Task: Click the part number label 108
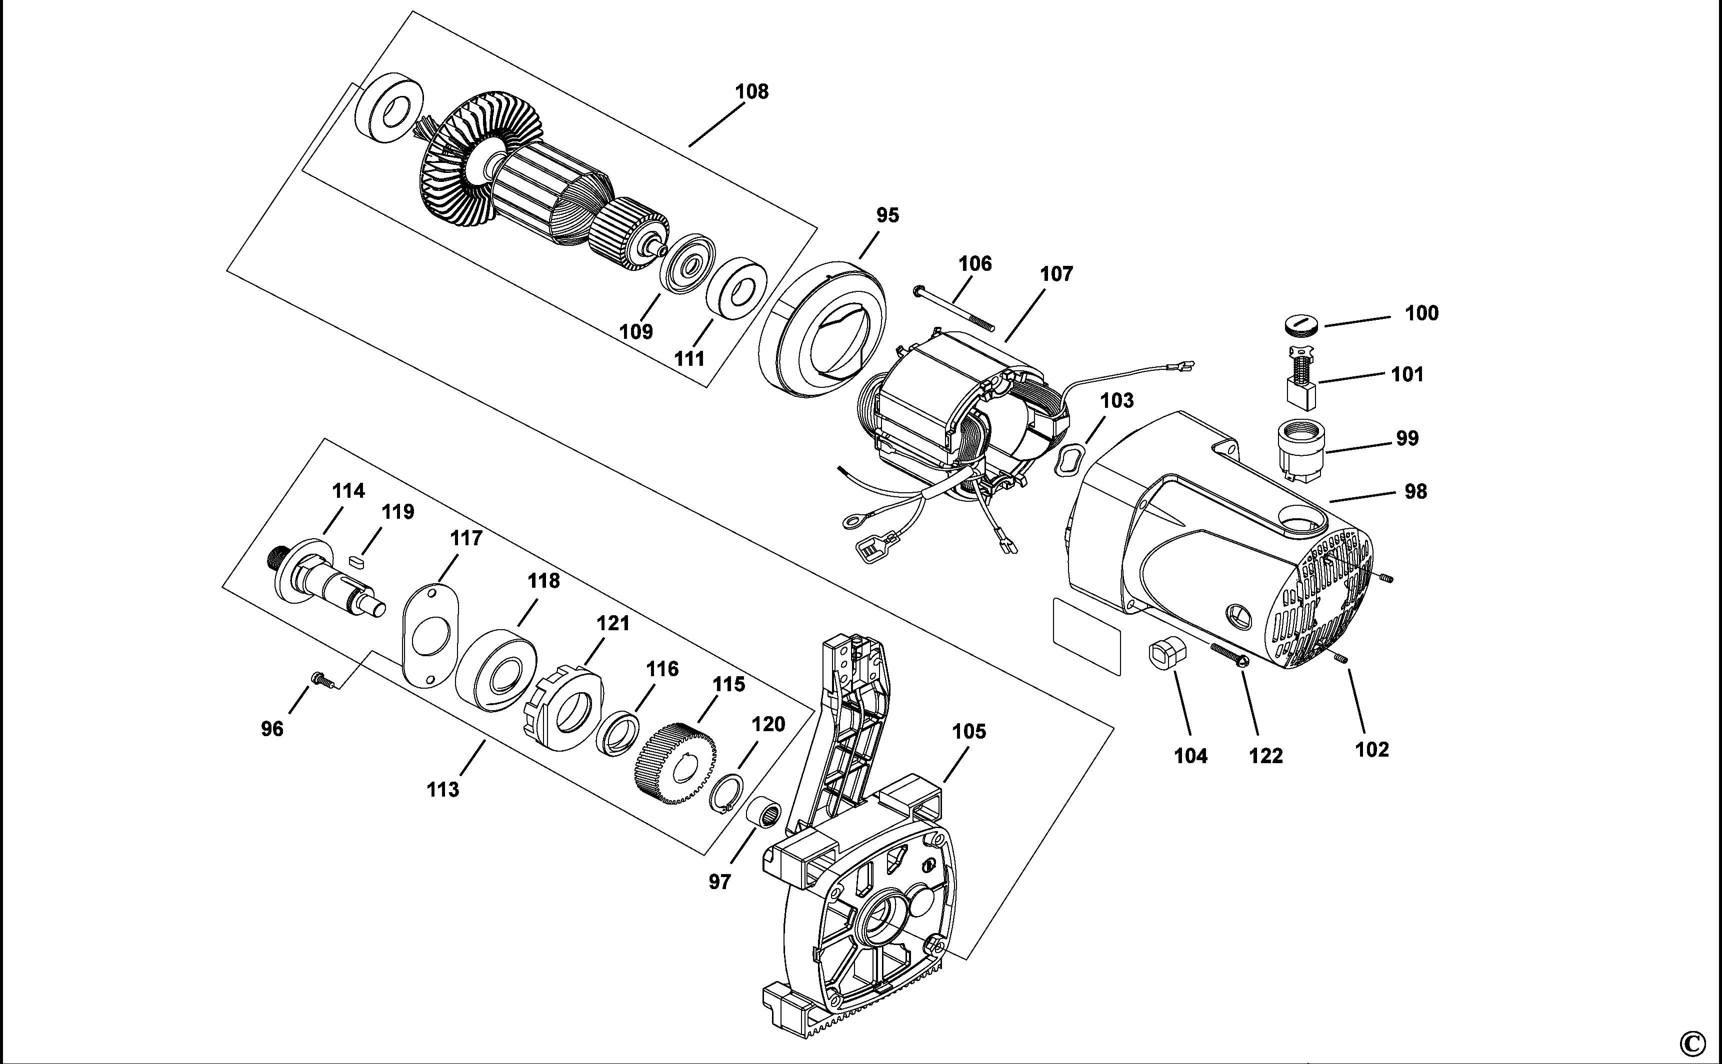coord(752,91)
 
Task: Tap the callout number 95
coord(888,215)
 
